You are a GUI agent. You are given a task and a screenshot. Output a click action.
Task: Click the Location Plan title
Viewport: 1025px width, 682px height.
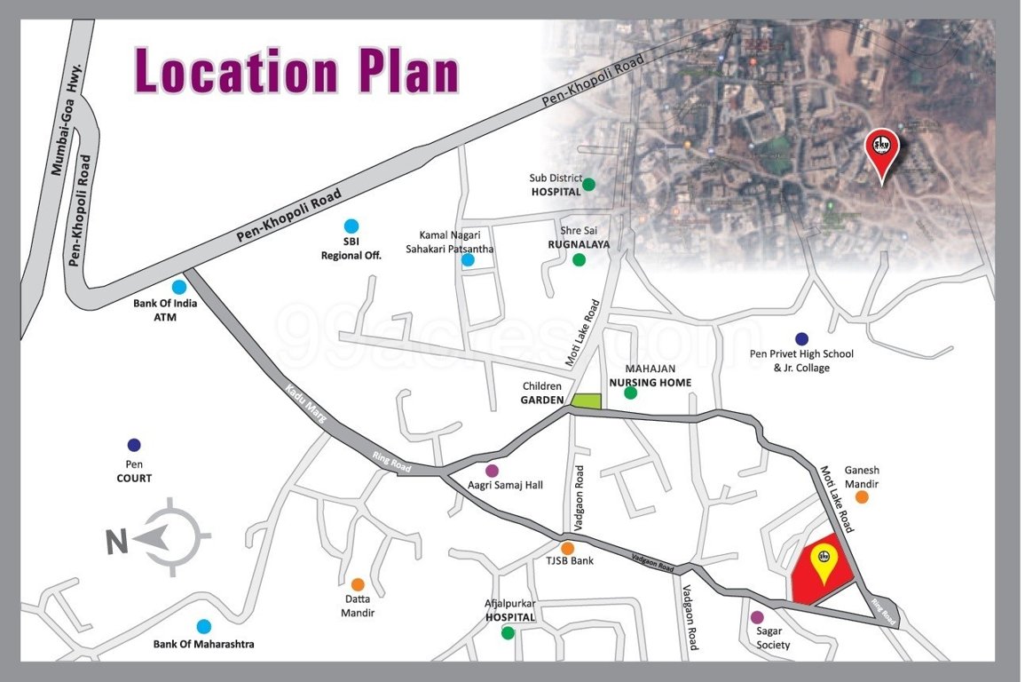pyautogui.click(x=296, y=71)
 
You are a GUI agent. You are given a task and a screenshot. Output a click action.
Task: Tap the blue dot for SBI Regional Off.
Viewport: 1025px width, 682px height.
pyautogui.click(x=351, y=226)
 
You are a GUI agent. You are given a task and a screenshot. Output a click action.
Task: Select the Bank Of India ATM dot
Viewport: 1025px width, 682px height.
pyautogui.click(x=179, y=287)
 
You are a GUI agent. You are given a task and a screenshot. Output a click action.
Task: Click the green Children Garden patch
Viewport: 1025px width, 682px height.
pyautogui.click(x=586, y=400)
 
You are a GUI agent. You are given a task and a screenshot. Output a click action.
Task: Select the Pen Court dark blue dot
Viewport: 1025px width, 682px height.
pyautogui.click(x=134, y=445)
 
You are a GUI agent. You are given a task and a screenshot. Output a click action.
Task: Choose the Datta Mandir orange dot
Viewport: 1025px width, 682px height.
pyautogui.click(x=358, y=584)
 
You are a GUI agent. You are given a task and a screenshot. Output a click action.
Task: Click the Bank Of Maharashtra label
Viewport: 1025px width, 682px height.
pyautogui.click(x=203, y=644)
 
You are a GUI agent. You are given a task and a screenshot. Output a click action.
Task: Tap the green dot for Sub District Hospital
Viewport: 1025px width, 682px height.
pyautogui.click(x=587, y=185)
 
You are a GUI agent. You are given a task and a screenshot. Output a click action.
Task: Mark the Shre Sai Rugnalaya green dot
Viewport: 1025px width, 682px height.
pyautogui.click(x=579, y=260)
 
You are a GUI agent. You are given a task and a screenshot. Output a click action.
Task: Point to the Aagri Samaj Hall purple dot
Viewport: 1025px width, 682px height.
pyautogui.click(x=492, y=471)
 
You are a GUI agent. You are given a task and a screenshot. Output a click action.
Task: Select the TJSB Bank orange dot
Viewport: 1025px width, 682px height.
pyautogui.click(x=567, y=548)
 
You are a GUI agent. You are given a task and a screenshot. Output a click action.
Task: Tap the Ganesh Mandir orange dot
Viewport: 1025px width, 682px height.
pyautogui.click(x=861, y=497)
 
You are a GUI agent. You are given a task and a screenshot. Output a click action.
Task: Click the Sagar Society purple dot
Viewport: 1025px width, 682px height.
pyautogui.click(x=757, y=617)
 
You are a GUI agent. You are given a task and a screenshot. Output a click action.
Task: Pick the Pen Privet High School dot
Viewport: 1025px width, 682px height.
pyautogui.click(x=801, y=338)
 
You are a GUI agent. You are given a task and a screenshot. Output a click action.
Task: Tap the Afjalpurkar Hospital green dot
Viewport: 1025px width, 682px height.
pyautogui.click(x=508, y=633)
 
